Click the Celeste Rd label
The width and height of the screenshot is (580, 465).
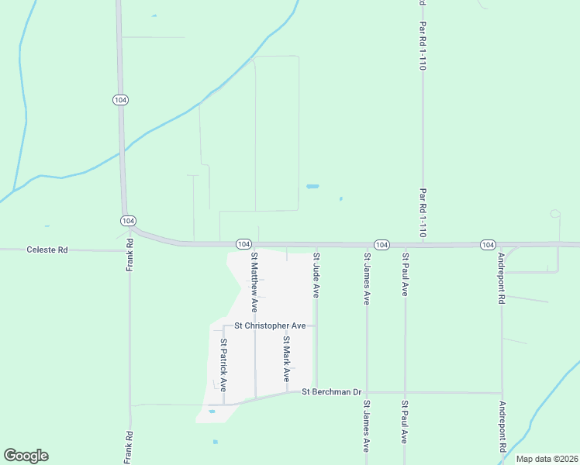coord(47,250)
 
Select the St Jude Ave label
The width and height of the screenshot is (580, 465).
coord(316,274)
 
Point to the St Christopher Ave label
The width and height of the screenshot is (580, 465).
coord(265,326)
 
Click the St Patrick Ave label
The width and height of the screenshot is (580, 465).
coord(223,363)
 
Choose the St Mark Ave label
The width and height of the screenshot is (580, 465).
coord(286,359)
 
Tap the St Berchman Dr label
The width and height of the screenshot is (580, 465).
coord(332,392)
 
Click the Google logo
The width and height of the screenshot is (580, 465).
coord(26,456)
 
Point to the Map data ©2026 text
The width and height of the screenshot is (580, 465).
coord(547,459)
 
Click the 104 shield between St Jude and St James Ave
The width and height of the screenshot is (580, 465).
coord(381,244)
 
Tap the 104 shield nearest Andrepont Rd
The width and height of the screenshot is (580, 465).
coord(487,244)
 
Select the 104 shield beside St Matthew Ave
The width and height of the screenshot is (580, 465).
coord(243,243)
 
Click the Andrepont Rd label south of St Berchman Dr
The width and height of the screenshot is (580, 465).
coord(502,427)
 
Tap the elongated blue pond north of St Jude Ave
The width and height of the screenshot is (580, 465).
coord(312,187)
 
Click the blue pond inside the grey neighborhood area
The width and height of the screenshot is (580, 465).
coord(212,412)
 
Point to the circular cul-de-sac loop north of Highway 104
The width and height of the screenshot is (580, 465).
coord(555,213)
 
